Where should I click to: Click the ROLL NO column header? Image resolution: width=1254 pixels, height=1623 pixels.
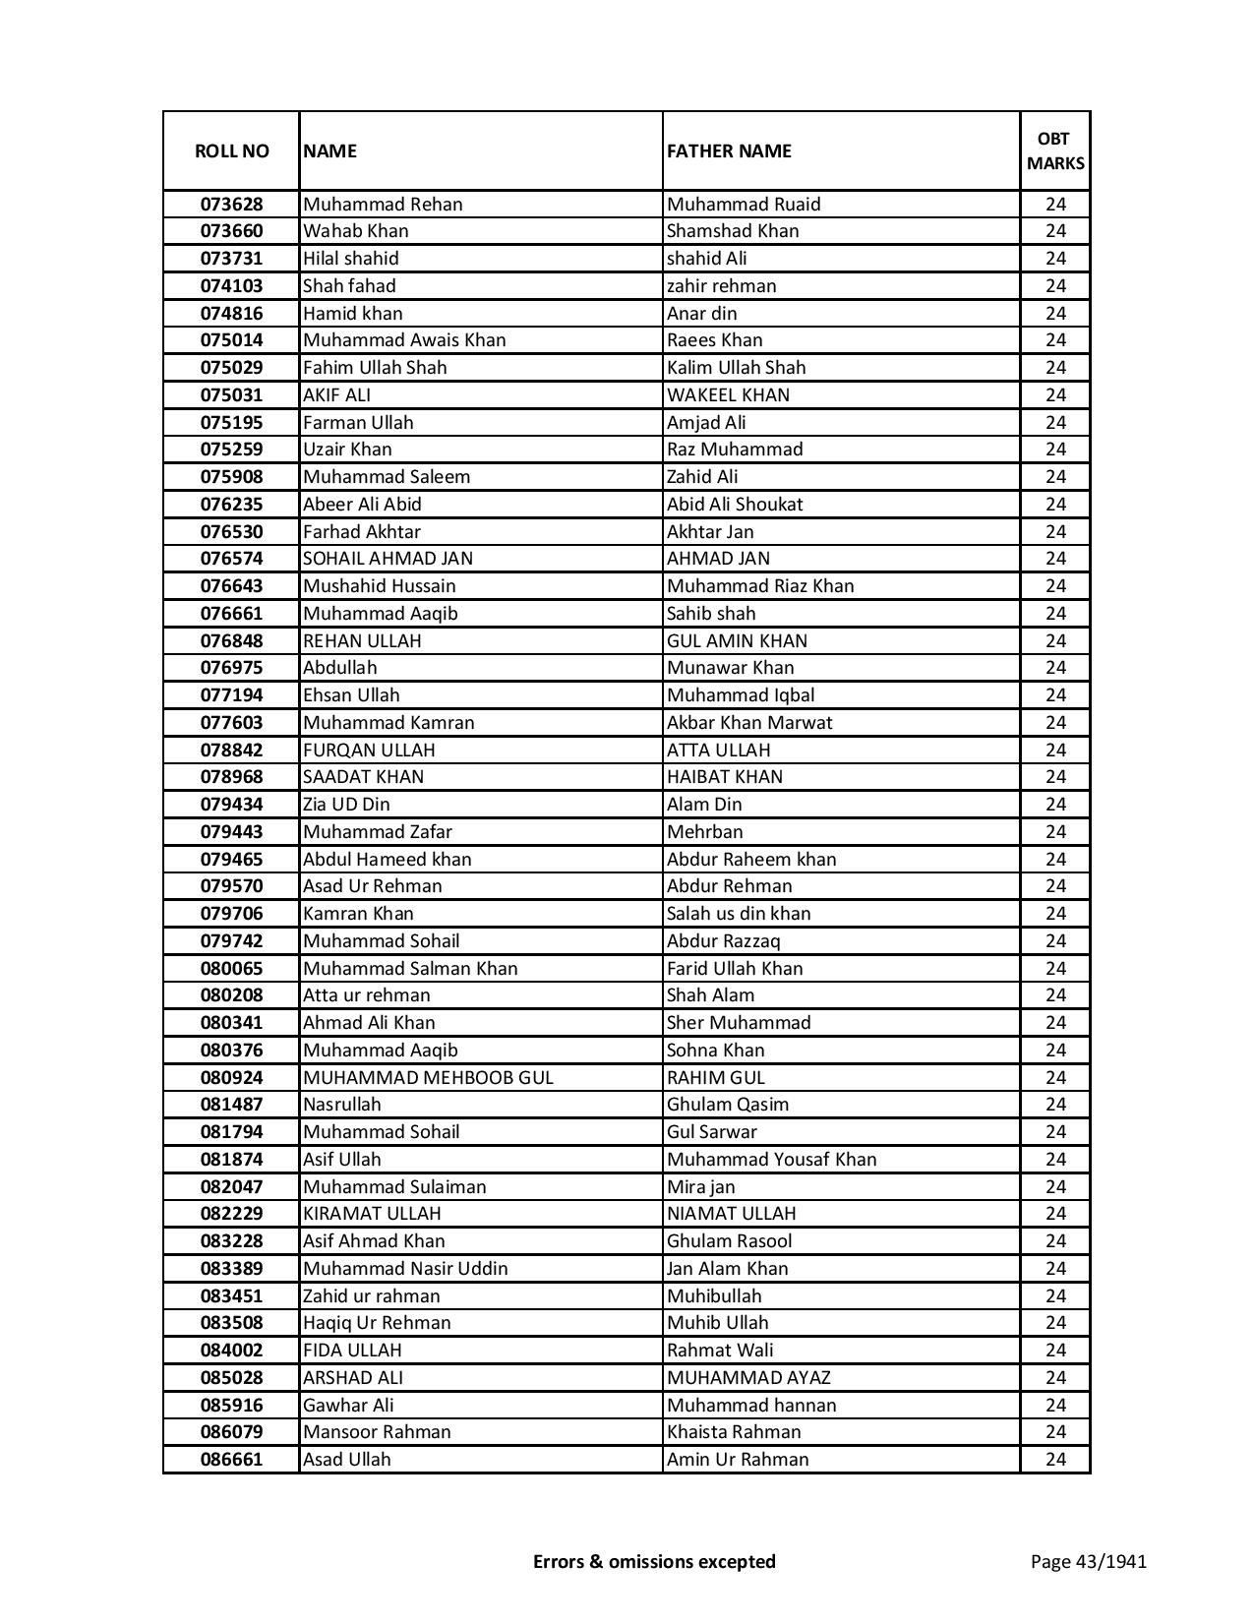tap(231, 150)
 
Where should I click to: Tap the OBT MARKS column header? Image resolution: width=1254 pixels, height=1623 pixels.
tap(1055, 150)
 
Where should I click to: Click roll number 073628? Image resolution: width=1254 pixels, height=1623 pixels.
tap(231, 205)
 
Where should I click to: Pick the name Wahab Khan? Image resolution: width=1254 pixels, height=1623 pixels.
tap(356, 231)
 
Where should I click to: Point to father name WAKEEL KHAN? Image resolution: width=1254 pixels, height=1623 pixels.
tap(728, 395)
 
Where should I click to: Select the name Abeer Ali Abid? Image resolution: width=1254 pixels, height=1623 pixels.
tap(362, 505)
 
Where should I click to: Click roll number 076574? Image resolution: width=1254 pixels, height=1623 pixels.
tap(231, 559)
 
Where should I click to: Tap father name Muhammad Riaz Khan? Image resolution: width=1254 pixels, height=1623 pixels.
tap(760, 586)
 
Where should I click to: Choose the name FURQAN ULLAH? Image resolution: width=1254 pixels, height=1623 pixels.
tap(369, 751)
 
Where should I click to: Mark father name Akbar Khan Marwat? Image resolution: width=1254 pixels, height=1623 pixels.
tap(749, 723)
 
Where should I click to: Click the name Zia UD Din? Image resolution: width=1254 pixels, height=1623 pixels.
tap(346, 805)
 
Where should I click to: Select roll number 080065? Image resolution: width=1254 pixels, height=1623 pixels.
tap(231, 969)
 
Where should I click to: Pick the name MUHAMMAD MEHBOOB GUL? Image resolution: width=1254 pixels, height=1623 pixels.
tap(428, 1078)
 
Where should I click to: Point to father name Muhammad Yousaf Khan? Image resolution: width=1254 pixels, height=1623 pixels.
tap(771, 1160)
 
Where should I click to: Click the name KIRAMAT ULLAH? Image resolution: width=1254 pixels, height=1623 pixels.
tap(372, 1214)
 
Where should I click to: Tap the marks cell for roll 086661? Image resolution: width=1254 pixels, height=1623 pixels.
tap(1055, 1460)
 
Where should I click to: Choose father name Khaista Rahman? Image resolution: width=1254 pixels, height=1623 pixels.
tap(734, 1432)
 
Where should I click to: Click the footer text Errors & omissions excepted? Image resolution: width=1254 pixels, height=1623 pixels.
tap(654, 1561)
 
